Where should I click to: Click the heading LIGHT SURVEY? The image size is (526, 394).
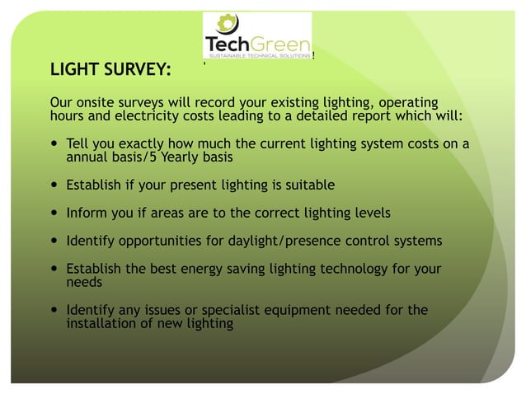(110, 68)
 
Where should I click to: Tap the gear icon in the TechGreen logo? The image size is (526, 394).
(224, 24)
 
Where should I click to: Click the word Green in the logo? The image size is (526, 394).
(281, 44)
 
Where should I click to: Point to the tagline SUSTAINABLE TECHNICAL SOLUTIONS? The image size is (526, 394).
(257, 56)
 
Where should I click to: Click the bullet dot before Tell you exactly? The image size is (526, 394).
(54, 144)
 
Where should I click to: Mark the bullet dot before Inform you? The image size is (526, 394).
(54, 213)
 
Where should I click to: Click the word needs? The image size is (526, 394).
(85, 282)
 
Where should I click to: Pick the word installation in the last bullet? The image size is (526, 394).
(103, 323)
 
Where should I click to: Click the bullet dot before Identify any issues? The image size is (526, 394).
(54, 311)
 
